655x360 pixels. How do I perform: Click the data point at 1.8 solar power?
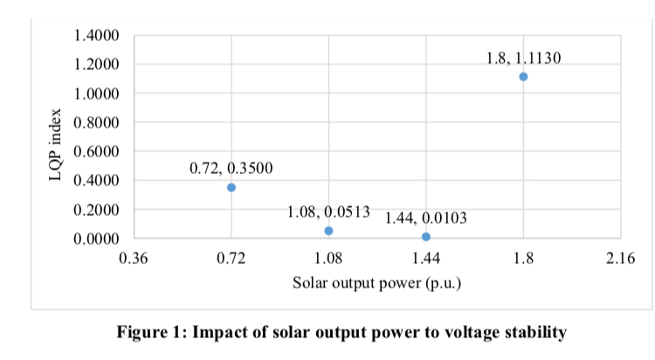tap(523, 76)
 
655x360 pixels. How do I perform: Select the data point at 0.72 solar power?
tap(231, 187)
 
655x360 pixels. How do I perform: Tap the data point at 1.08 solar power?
tap(328, 231)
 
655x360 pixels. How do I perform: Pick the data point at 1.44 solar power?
tap(426, 237)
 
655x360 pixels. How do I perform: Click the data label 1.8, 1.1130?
tap(523, 59)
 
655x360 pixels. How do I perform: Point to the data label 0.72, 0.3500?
tap(231, 168)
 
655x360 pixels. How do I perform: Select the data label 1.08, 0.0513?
tap(328, 211)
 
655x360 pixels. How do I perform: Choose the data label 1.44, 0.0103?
tap(426, 218)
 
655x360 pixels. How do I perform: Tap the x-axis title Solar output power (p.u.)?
tap(376, 283)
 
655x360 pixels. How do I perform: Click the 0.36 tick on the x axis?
tap(134, 260)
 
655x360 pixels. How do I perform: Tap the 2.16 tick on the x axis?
tap(620, 260)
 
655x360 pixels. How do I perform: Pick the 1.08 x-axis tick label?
tap(328, 260)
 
